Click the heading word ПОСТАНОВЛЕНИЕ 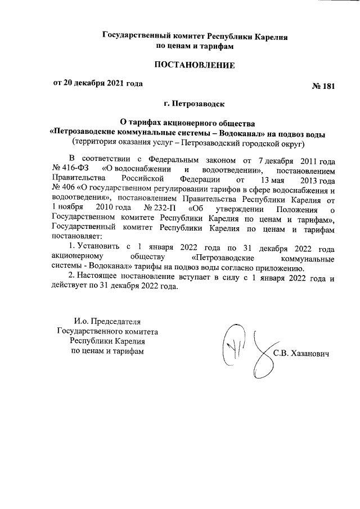pos(195,66)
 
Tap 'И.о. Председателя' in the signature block pos(107,321)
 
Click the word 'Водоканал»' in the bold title pos(247,134)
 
